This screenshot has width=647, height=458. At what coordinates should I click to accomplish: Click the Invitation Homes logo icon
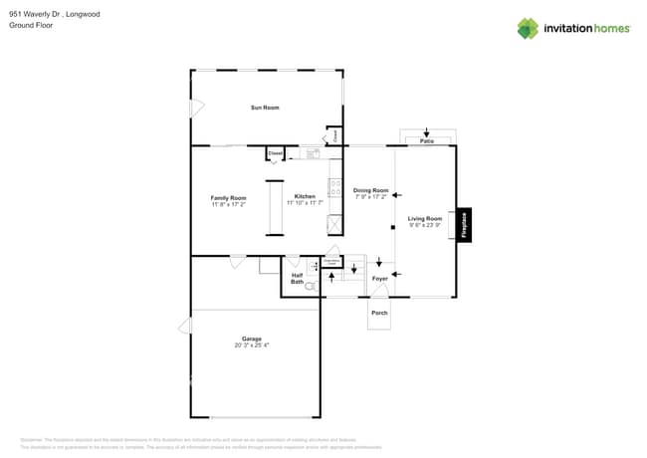(528, 28)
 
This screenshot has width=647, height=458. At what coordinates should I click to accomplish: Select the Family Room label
(228, 198)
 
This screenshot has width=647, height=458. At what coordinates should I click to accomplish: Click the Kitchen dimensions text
(305, 203)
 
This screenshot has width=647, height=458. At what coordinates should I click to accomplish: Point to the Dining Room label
(370, 190)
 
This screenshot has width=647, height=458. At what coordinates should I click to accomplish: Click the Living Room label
(425, 219)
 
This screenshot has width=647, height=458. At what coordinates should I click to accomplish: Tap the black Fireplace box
(464, 225)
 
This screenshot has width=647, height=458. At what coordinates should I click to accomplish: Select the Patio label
(426, 141)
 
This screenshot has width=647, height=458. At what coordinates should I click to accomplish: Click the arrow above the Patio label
(426, 131)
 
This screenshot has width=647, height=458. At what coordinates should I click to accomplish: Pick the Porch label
(379, 313)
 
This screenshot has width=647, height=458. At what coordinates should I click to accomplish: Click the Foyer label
(379, 279)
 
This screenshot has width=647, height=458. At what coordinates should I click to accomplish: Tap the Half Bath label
(297, 279)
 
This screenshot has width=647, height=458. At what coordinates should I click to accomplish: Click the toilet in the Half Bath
(311, 286)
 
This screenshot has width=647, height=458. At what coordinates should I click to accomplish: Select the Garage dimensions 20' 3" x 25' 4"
(252, 345)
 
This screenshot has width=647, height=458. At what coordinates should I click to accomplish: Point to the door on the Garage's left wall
(185, 325)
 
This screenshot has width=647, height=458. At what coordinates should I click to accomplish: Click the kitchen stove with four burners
(335, 187)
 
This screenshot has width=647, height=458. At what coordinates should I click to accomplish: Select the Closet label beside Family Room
(276, 153)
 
